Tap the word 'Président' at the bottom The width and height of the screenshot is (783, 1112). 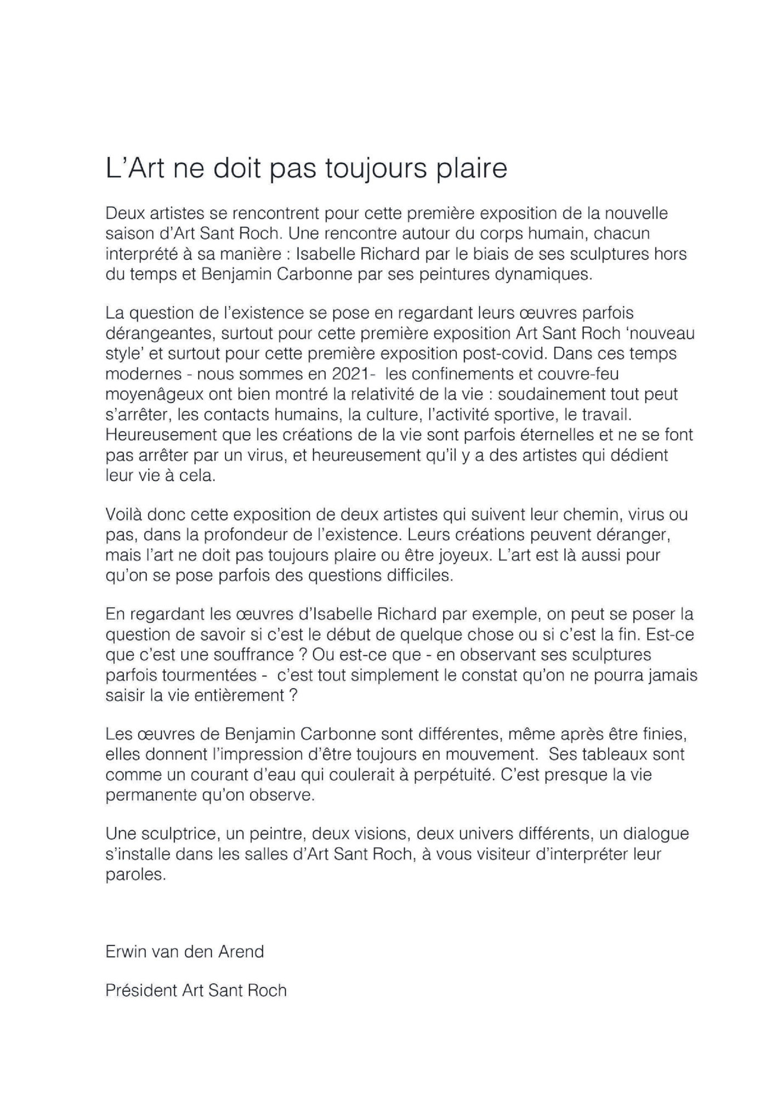tap(141, 990)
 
